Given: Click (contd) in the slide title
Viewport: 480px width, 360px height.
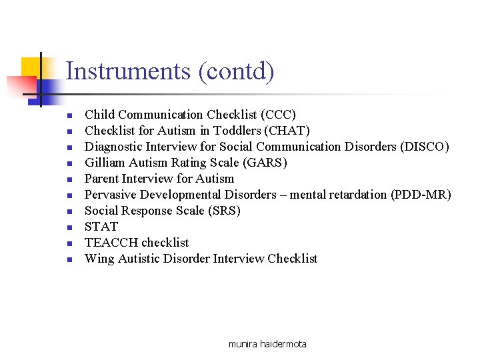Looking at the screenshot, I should pyautogui.click(x=236, y=71).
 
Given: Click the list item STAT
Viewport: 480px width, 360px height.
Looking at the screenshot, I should pyautogui.click(x=101, y=227).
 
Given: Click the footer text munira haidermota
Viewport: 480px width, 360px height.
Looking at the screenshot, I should pyautogui.click(x=267, y=344).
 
